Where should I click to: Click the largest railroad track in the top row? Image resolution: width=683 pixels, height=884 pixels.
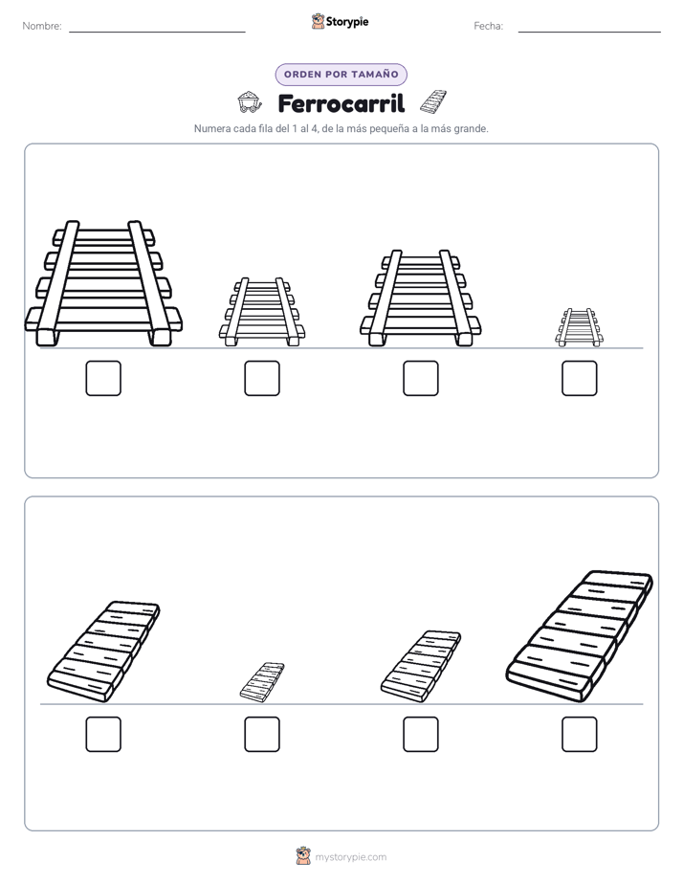click(103, 283)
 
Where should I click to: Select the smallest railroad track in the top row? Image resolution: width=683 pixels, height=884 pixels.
click(580, 327)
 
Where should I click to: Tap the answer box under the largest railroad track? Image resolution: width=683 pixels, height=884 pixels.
click(103, 378)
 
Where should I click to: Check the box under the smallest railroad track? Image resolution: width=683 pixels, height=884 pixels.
click(580, 378)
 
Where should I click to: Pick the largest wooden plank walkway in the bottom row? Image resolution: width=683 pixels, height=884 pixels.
click(580, 636)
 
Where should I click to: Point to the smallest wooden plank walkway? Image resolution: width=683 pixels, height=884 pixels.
click(262, 682)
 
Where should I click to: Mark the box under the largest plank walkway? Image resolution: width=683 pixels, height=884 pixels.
click(580, 735)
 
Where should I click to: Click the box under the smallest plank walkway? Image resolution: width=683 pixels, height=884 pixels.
click(262, 735)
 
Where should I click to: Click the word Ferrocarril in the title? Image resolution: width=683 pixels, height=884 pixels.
click(341, 103)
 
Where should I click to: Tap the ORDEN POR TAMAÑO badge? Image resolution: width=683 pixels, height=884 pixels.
click(341, 75)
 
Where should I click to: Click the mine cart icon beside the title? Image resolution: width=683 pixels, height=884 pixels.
click(250, 101)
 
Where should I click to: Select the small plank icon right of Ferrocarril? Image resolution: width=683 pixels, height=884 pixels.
click(433, 101)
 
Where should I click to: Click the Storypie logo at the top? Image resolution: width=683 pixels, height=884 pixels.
click(340, 22)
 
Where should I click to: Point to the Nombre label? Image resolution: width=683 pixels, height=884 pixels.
click(42, 26)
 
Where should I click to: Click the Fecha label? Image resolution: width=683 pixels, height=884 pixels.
click(489, 26)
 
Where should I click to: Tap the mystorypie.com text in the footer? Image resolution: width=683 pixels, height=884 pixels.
click(350, 857)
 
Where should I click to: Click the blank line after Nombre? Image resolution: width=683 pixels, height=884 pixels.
click(157, 33)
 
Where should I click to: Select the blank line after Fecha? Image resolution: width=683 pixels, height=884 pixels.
click(589, 33)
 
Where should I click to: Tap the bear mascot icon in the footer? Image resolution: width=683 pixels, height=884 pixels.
click(303, 856)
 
